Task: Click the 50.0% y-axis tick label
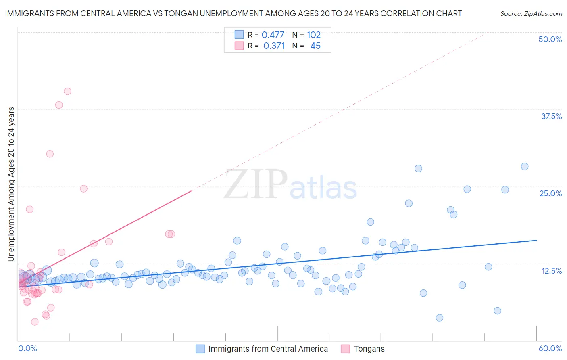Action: tap(550, 39)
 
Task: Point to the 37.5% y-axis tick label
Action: tap(551, 116)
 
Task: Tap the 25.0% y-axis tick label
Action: tap(550, 193)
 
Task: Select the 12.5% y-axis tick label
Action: tap(551, 271)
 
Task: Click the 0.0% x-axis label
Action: tap(27, 348)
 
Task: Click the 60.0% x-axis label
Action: tap(550, 348)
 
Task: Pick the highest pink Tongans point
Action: tap(67, 91)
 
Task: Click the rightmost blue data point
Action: tap(525, 166)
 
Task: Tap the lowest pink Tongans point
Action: tap(35, 322)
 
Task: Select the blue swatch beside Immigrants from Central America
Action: tap(200, 349)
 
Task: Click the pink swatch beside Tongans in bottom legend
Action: tap(345, 349)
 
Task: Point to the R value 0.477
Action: tap(273, 35)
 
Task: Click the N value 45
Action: tap(315, 46)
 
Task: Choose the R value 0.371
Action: tap(274, 46)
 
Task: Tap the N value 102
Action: tap(314, 35)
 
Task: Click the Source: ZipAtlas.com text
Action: tap(531, 14)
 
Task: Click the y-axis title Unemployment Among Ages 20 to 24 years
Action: tap(11, 184)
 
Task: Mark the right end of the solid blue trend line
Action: tap(537, 240)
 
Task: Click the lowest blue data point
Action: tap(440, 318)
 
